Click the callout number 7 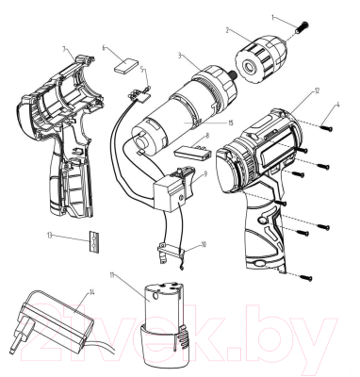pos(62,47)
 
